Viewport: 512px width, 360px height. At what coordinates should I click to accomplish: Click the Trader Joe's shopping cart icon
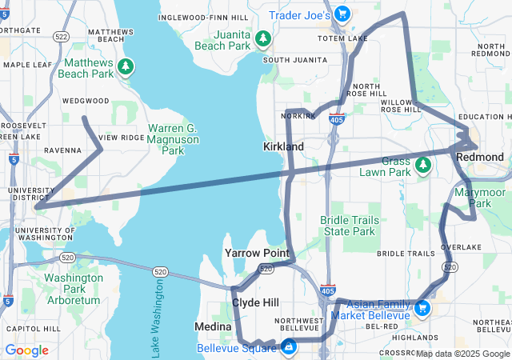tap(342, 14)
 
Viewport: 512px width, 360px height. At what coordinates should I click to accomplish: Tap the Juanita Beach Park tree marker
tap(262, 39)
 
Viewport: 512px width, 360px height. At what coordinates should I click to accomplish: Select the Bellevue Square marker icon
tap(287, 347)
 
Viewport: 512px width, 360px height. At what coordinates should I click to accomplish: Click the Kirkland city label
tap(283, 147)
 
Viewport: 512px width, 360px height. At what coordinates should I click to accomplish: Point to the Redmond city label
tap(479, 158)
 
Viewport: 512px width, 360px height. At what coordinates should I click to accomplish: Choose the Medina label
tap(213, 327)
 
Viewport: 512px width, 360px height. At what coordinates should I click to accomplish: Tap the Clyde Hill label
tap(255, 303)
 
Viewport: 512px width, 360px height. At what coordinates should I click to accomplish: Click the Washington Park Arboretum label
tap(73, 289)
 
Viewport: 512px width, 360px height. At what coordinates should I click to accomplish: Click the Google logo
tap(27, 350)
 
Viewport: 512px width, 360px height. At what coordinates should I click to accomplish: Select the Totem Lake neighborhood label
tap(342, 38)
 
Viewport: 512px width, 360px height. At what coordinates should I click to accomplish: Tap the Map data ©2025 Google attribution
tap(462, 354)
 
